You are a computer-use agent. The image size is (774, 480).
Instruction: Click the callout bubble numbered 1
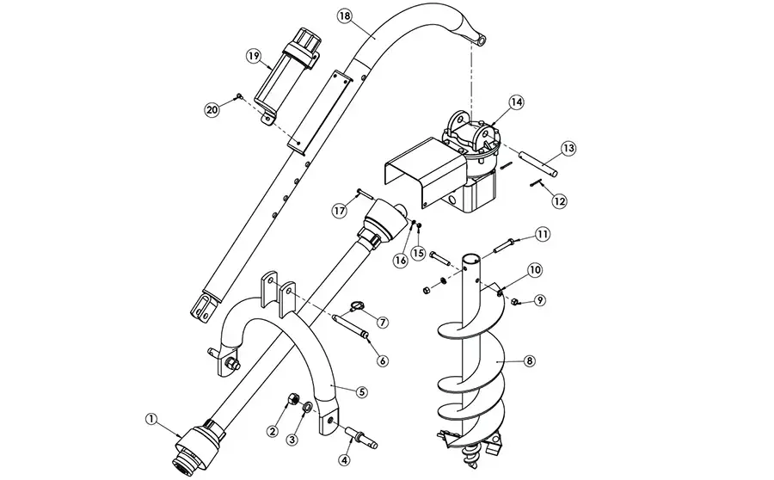(x=152, y=419)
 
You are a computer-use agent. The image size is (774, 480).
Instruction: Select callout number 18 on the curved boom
(x=344, y=16)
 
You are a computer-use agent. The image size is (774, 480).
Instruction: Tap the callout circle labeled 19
(x=254, y=56)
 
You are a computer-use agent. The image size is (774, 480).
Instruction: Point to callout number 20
(x=212, y=109)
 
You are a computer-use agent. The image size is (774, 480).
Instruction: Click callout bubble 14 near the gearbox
(x=516, y=102)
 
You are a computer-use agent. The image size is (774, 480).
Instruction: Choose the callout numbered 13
(x=568, y=148)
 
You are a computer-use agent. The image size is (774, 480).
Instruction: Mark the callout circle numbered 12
(x=560, y=200)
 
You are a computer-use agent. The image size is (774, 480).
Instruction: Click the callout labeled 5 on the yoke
(x=362, y=391)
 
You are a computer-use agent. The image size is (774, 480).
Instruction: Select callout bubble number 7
(x=382, y=323)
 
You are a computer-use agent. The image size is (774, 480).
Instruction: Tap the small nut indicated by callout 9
(x=516, y=301)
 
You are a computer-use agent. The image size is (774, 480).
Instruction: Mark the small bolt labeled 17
(x=362, y=193)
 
